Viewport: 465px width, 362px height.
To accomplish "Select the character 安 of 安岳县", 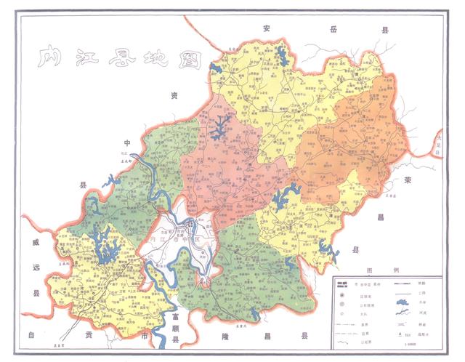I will (268, 28).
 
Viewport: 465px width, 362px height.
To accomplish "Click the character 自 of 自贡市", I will (31, 337).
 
